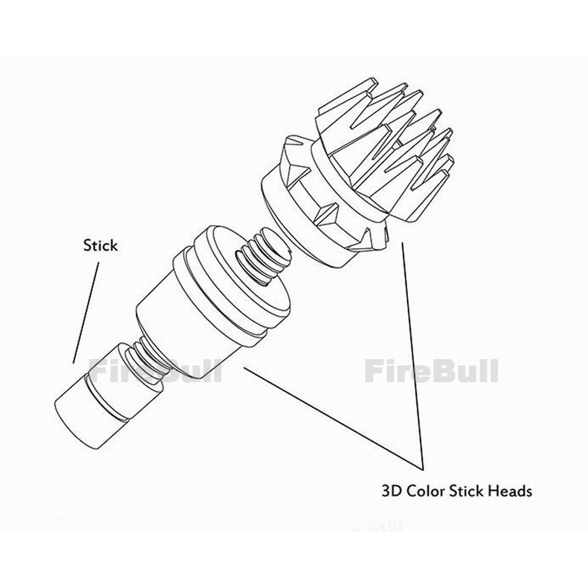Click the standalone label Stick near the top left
pos(100,246)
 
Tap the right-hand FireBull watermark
pos(431,370)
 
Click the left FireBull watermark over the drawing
pos(155,370)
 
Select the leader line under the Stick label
pos(86,313)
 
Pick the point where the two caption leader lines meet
pos(423,469)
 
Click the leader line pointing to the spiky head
pos(413,355)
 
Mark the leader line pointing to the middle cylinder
pos(334,418)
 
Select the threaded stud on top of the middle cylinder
pos(262,259)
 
